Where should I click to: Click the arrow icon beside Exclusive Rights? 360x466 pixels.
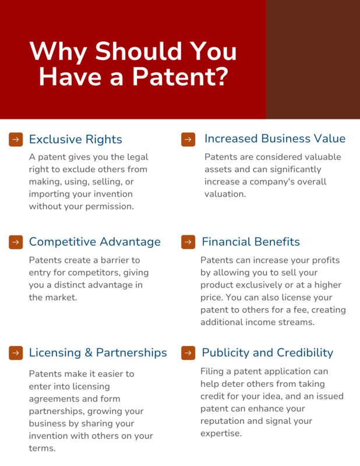click(16, 139)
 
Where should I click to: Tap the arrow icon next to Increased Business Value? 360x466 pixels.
click(188, 139)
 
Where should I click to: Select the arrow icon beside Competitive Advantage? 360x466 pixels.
click(16, 242)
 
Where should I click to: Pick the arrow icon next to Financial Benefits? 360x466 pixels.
click(188, 242)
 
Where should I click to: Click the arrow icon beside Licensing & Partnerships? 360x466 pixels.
click(16, 353)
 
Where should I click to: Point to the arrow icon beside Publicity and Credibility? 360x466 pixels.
click(188, 353)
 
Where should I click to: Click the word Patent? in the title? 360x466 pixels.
click(180, 76)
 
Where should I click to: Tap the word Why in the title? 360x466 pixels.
click(58, 52)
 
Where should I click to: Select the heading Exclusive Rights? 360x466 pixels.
click(76, 139)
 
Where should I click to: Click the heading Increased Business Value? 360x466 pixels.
click(275, 139)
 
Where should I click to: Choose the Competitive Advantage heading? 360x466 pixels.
click(95, 242)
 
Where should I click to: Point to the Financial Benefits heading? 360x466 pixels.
click(251, 242)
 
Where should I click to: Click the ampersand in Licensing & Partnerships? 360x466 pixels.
click(89, 353)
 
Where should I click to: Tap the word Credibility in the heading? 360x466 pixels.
click(305, 353)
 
